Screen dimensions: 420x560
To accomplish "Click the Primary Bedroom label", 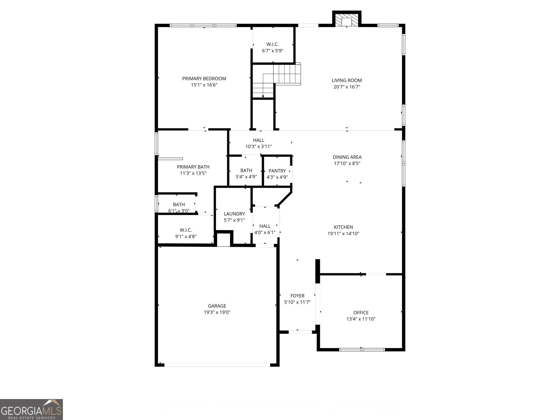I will click(204, 78).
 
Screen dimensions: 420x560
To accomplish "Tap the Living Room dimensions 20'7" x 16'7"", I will click(346, 87).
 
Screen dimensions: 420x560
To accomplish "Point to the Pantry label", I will click(277, 171).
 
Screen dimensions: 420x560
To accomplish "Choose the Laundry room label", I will click(234, 214).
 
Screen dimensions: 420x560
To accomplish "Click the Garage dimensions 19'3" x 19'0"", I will click(217, 312).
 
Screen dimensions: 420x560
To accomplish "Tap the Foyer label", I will click(297, 296).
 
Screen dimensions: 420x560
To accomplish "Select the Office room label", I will click(361, 313).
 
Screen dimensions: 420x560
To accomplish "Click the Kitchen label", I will click(343, 227).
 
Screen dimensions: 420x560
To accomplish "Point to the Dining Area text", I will click(347, 157).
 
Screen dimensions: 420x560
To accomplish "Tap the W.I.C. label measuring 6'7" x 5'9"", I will click(272, 44).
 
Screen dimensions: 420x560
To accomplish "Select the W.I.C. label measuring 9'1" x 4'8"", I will click(185, 230).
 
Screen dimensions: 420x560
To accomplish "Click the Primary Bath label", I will click(193, 167).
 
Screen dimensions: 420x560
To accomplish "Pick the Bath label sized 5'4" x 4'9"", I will click(246, 170).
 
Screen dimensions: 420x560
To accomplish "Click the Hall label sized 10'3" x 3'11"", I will click(258, 140).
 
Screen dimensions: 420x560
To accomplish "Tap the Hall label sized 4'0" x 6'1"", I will click(265, 226).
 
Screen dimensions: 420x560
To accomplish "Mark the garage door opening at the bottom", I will click(217, 365).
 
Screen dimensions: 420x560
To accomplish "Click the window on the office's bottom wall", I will click(362, 349).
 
